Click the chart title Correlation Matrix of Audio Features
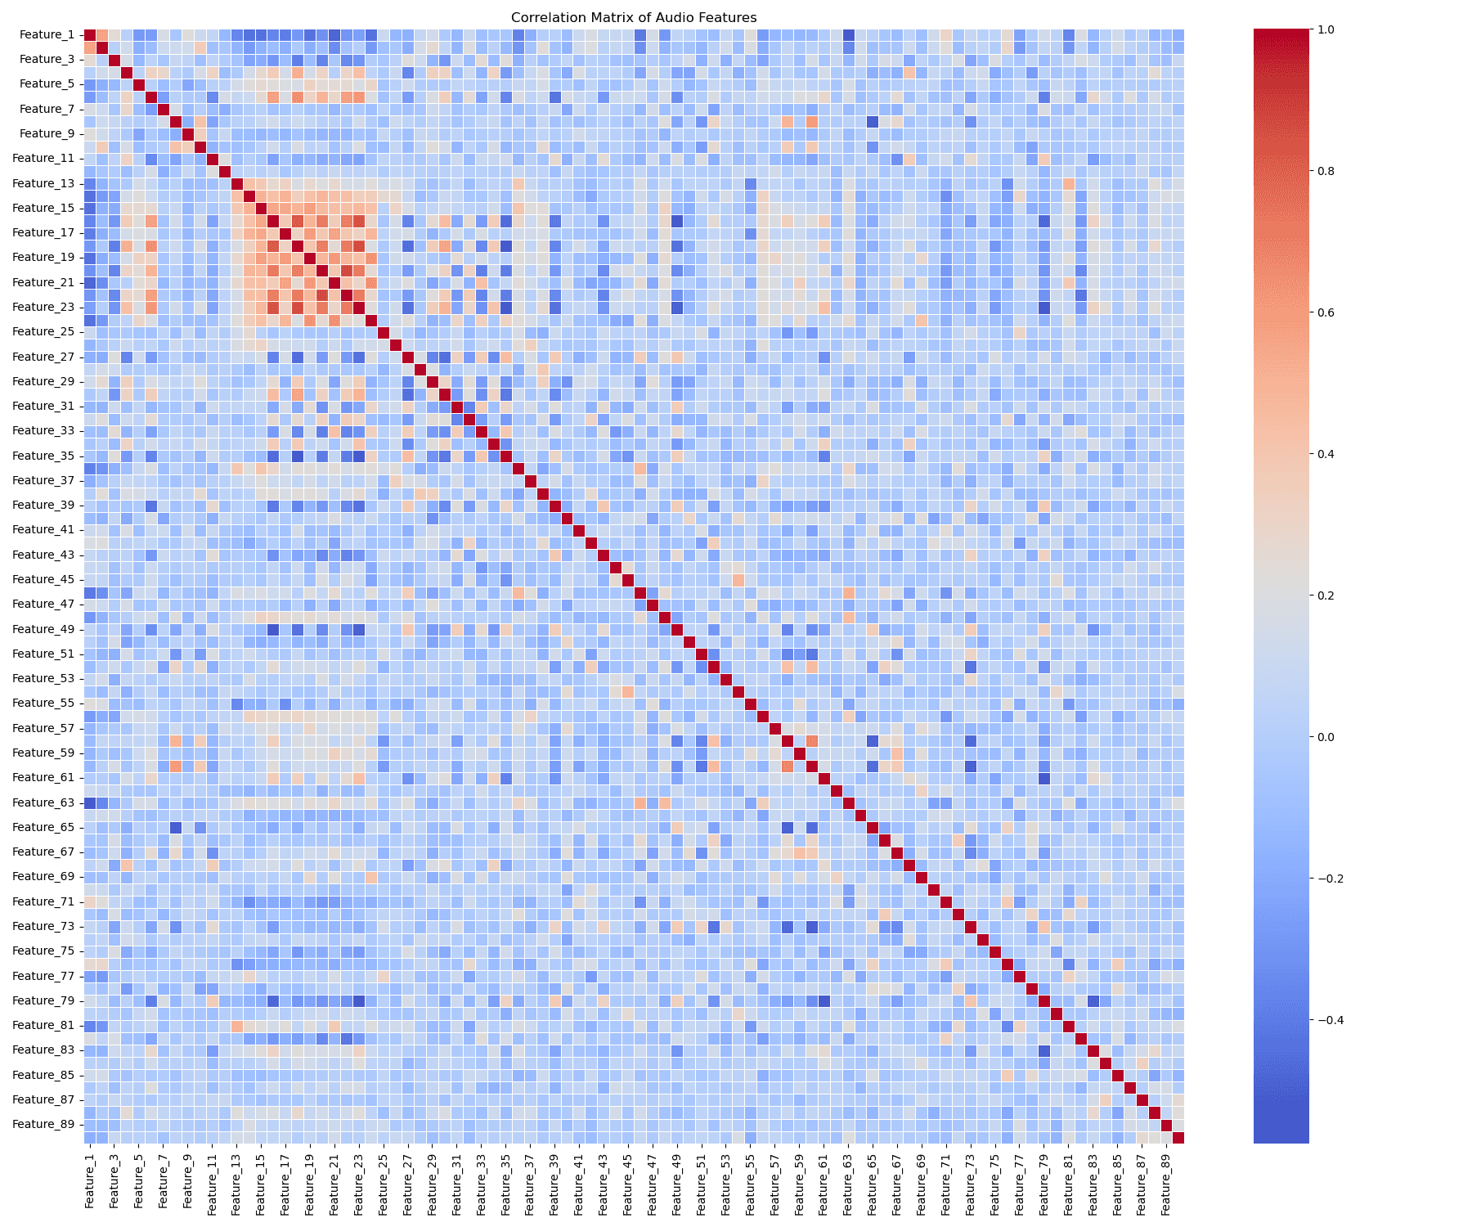click(x=634, y=17)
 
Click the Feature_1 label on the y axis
click(x=47, y=34)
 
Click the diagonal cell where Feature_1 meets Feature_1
click(x=90, y=34)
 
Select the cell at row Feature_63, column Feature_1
click(x=90, y=802)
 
